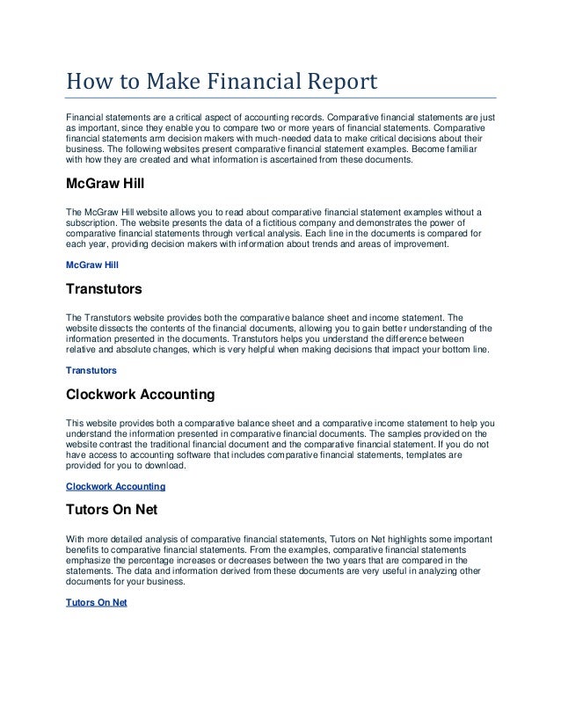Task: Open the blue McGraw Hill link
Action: click(x=91, y=264)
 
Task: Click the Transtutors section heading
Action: click(x=103, y=287)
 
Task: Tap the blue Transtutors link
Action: click(x=91, y=371)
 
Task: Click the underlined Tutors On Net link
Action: click(x=97, y=602)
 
